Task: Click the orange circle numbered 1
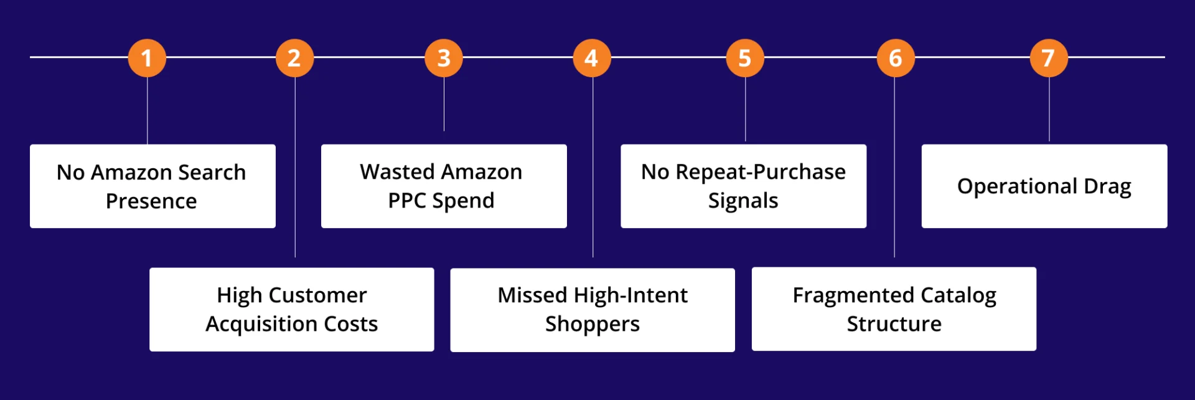[x=147, y=58]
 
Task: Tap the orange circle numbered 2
[x=294, y=58]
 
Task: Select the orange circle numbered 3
[x=444, y=58]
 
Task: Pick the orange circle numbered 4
[x=592, y=58]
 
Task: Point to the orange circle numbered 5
[x=745, y=58]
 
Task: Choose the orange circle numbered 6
[x=896, y=58]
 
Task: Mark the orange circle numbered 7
[x=1049, y=58]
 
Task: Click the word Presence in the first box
[x=151, y=201]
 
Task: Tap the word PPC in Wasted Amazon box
[x=407, y=201]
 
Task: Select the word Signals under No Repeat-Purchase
[x=743, y=201]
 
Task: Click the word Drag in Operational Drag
[x=1107, y=186]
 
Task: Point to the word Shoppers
[x=593, y=324]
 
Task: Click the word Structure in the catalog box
[x=894, y=324]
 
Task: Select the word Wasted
[x=397, y=172]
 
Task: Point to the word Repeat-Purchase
[x=761, y=172]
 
